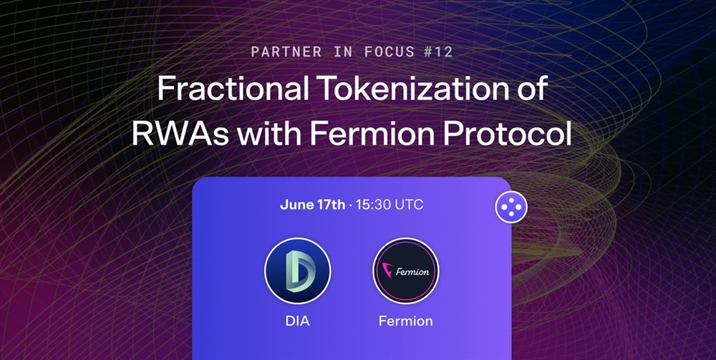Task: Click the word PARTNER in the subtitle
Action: (x=286, y=52)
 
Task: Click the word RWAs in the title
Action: (x=180, y=134)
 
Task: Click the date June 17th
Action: (x=312, y=205)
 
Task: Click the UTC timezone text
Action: (x=408, y=205)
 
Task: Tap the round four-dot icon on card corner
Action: (x=511, y=207)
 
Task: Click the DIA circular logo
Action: (x=298, y=271)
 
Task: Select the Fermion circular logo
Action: (x=405, y=271)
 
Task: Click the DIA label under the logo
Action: (x=298, y=321)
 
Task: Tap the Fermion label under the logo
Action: (x=405, y=321)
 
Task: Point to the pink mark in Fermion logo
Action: (x=387, y=270)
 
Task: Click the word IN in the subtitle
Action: (x=343, y=52)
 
